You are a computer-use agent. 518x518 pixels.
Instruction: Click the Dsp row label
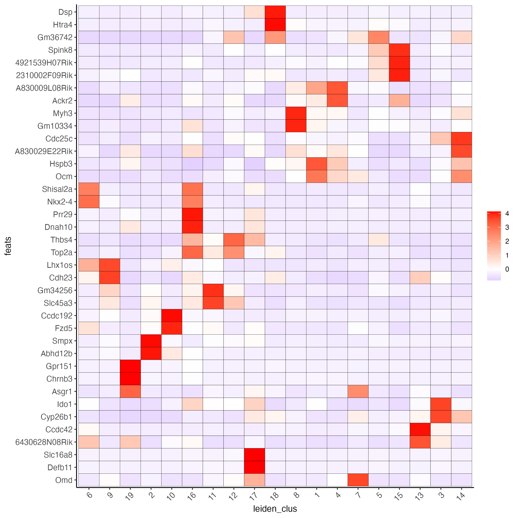65,12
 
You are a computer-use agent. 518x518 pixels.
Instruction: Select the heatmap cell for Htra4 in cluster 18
275,25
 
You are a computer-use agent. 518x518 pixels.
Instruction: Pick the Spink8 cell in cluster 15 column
399,50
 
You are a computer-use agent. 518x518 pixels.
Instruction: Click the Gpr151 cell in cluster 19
130,366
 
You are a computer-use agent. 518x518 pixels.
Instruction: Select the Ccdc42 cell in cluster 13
420,429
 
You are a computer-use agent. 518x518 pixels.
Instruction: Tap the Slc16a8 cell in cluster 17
254,455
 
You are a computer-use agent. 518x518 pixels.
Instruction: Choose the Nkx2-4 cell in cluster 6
89,202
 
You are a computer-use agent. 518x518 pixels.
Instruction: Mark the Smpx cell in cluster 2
151,341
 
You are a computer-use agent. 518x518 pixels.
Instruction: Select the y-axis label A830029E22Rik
44,151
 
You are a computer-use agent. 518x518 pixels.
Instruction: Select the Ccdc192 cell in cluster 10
172,316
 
